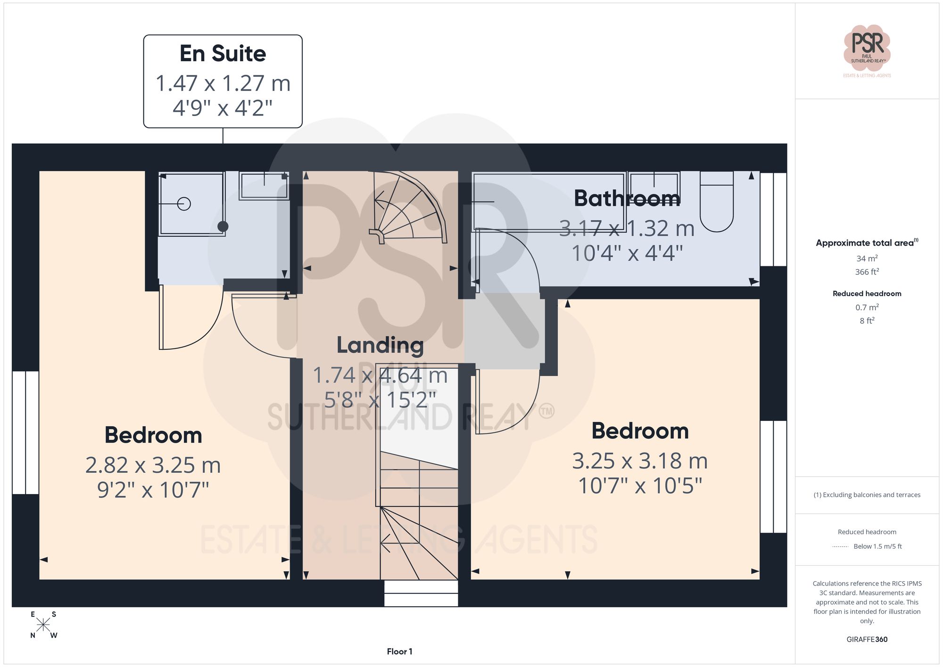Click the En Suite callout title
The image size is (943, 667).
point(223,54)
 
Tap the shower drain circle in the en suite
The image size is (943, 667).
point(184,204)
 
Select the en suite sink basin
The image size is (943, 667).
point(264,186)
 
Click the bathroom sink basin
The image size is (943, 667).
point(653,186)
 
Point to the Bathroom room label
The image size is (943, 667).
point(627,198)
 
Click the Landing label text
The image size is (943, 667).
point(380,346)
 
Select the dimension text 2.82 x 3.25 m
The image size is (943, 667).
point(153,465)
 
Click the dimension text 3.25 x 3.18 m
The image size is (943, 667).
point(640,461)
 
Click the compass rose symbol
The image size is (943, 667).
point(43,625)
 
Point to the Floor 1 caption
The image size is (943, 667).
point(399,651)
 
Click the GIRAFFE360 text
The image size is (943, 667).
point(867,639)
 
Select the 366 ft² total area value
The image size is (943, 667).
point(867,272)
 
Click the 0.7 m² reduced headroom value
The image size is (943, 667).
point(867,307)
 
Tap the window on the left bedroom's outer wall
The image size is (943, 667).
point(25,432)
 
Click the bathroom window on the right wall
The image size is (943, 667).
point(773,219)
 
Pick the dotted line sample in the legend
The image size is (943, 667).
point(840,547)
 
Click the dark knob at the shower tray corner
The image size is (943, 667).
point(223,226)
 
